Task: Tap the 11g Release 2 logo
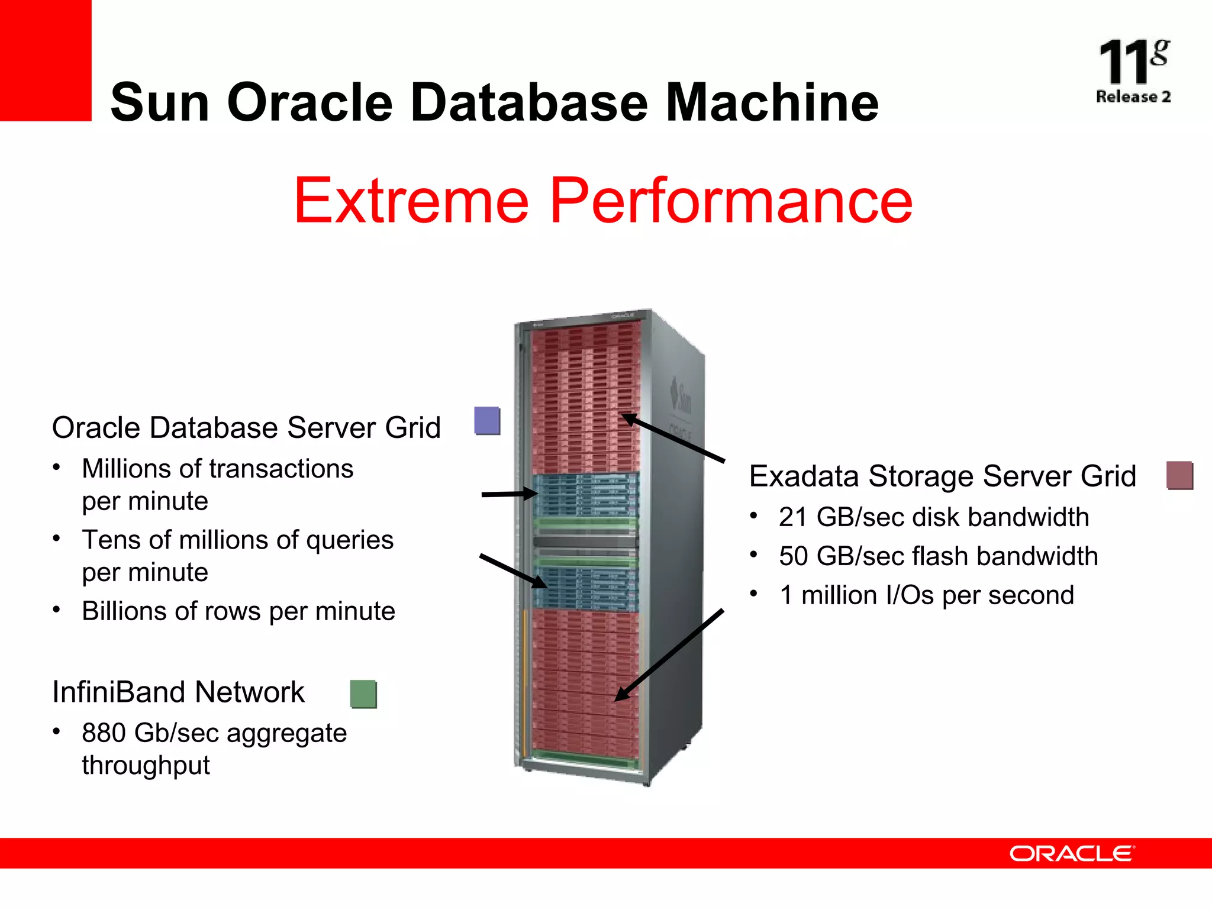click(1133, 71)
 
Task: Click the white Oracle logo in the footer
click(1072, 853)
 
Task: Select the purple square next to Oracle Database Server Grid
click(487, 421)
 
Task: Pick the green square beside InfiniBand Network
click(363, 694)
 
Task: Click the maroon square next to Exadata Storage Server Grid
click(1179, 476)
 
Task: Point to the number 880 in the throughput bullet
click(104, 733)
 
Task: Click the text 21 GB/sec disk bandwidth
click(933, 517)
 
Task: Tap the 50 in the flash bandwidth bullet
click(793, 556)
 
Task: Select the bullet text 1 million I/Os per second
click(926, 595)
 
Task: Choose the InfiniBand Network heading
click(178, 692)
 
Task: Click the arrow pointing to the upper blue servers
click(509, 494)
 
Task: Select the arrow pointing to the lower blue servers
click(512, 571)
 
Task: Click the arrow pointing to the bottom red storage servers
click(669, 655)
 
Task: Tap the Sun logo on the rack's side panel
click(681, 397)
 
